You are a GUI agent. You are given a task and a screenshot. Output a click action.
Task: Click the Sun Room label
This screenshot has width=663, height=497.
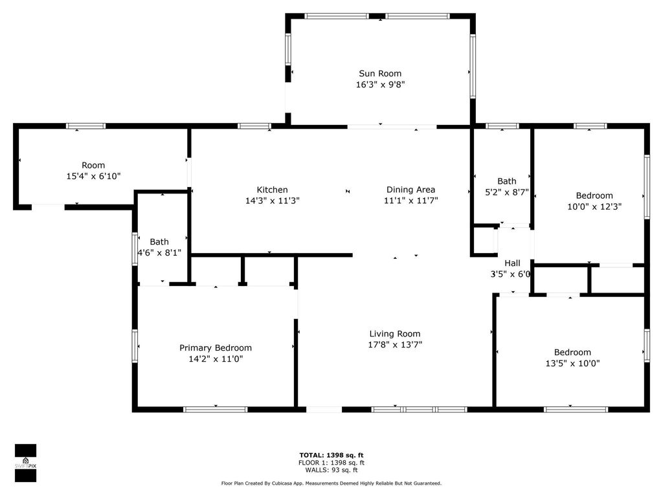380,74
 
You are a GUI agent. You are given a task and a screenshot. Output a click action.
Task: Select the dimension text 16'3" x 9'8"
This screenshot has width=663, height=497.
380,85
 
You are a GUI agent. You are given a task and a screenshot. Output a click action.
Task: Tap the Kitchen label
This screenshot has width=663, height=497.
272,190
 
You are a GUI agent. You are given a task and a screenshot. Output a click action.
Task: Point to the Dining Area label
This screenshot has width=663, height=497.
410,190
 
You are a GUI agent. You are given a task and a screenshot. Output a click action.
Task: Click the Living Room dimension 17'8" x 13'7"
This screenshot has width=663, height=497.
395,345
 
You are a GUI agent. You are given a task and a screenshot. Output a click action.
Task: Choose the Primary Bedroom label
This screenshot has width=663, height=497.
216,348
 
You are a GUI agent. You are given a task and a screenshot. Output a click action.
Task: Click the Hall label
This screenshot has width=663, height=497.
512,263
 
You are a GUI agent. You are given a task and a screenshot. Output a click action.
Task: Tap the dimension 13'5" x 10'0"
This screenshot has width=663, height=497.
572,364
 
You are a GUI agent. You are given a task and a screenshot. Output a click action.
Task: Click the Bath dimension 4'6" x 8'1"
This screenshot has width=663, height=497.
159,253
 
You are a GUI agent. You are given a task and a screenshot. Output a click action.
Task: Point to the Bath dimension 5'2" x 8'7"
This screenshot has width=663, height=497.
507,192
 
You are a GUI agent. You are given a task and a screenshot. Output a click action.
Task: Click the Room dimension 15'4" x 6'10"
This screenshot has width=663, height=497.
93,176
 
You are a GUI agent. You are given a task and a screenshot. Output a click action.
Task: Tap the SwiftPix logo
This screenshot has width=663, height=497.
25,463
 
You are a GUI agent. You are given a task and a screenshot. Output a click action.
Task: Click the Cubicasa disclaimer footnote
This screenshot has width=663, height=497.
331,483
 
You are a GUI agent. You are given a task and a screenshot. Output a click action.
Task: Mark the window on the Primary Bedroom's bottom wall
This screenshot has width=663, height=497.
216,409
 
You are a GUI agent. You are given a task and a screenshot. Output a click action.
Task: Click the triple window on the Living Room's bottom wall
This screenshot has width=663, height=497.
419,409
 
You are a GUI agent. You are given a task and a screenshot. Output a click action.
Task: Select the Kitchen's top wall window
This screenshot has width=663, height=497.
254,126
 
